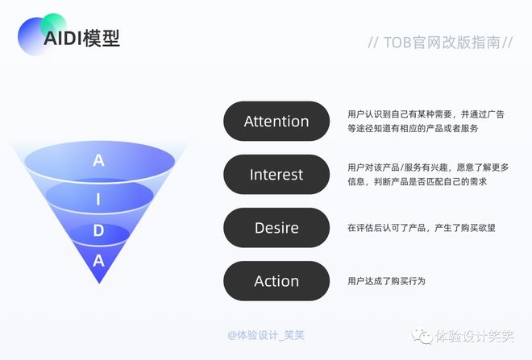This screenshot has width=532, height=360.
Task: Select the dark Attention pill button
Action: point(276,122)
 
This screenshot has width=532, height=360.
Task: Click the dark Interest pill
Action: point(276,175)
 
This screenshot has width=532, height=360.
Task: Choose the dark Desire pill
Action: point(276,228)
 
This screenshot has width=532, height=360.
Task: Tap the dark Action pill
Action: point(276,281)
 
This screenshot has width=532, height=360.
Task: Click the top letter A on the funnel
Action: point(98,160)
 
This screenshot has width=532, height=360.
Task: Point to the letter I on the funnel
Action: point(98,199)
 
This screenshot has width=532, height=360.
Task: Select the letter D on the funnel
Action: point(98,231)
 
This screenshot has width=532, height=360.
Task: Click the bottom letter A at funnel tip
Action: point(98,260)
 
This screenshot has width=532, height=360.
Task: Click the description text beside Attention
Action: point(426,122)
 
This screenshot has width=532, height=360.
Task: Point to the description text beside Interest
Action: point(427,175)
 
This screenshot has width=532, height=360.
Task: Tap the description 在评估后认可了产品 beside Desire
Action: point(421,228)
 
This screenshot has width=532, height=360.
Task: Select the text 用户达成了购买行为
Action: point(386,281)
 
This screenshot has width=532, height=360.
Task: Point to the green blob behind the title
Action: point(53,23)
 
